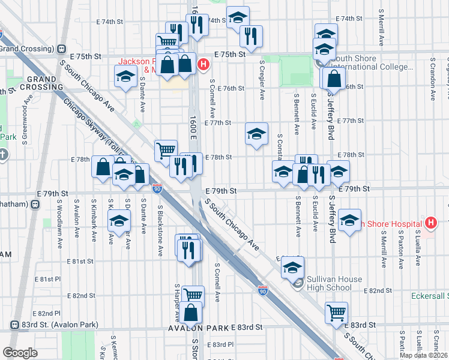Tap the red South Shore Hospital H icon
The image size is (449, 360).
point(430,224)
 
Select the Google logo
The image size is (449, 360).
point(20,353)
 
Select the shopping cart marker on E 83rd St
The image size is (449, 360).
point(336,312)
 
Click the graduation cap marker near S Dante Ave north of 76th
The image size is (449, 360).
point(125,77)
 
